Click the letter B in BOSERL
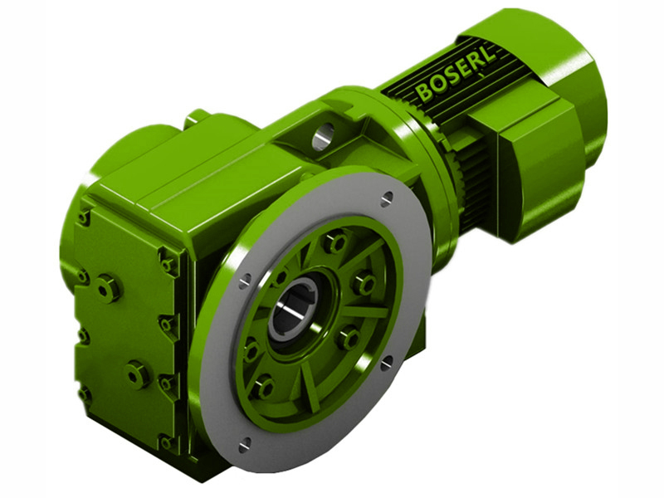424,90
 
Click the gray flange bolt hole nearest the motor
387,198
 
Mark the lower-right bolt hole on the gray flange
386,362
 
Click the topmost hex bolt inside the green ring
335,242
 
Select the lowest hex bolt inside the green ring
264,387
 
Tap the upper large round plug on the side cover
108,289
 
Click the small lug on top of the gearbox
197,118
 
